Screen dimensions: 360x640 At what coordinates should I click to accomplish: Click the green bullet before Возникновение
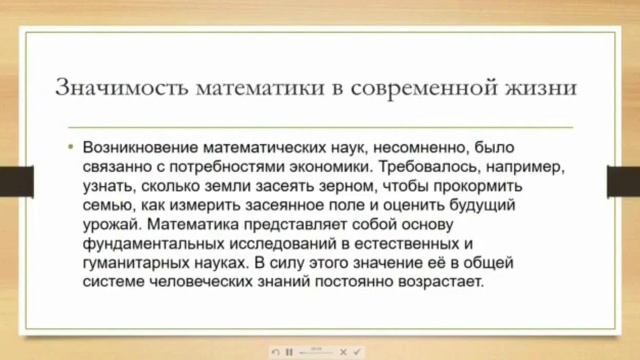(71, 146)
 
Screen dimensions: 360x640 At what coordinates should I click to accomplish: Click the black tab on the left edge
(16, 181)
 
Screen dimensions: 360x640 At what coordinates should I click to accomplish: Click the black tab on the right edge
(623, 181)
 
